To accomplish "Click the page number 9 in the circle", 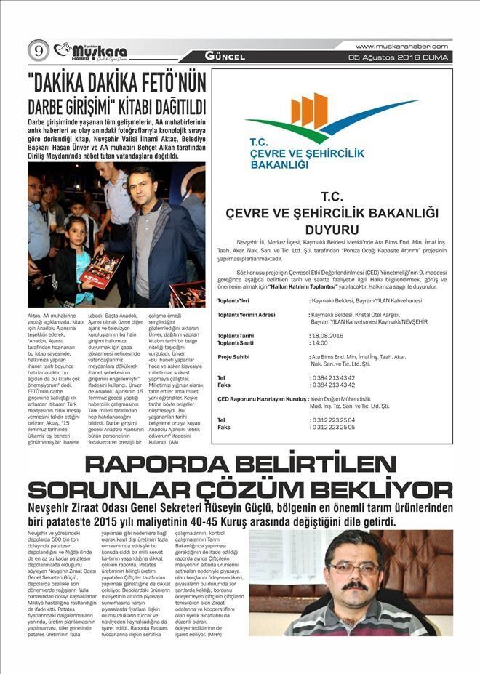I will tap(39, 49).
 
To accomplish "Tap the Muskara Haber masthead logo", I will tap(92, 51).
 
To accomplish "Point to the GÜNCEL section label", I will tap(225, 56).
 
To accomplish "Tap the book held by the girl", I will tap(102, 270).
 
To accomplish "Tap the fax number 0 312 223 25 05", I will tap(333, 428).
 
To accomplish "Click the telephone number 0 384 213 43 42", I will tap(333, 377).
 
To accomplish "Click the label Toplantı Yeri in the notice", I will tap(233, 300).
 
